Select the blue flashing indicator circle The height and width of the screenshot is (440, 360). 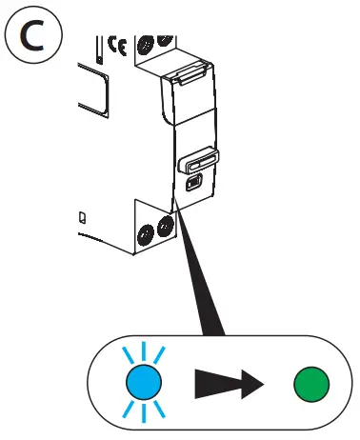coord(142,383)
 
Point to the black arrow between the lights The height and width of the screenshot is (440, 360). coord(230,384)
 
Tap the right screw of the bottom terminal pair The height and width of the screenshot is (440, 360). coord(168,226)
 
